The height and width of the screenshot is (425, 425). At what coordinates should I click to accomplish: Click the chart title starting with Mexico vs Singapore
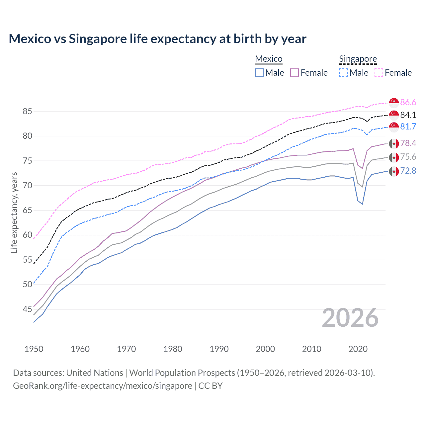157,39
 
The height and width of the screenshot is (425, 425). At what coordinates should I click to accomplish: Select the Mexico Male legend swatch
259,73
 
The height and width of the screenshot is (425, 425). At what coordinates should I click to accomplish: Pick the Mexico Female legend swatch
295,73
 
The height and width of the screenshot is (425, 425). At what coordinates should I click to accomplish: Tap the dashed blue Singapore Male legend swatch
343,73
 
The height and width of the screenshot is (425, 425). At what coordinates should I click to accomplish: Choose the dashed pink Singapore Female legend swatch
379,73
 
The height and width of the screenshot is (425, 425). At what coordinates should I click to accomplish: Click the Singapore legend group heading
358,59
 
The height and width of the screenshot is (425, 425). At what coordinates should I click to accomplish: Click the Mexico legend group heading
269,59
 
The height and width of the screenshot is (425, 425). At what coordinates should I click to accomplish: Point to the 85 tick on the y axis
27,111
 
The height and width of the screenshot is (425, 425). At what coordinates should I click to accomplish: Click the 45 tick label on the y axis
27,309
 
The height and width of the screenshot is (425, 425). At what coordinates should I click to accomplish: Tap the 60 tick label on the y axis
27,235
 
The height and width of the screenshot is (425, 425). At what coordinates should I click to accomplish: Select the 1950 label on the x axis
34,349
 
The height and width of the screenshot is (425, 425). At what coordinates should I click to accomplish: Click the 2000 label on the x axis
265,349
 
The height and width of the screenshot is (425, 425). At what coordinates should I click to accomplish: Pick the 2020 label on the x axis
358,349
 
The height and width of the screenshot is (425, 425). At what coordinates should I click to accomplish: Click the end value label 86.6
408,102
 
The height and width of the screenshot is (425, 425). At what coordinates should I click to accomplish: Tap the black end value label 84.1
408,115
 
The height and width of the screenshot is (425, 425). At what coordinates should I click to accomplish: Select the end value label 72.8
408,171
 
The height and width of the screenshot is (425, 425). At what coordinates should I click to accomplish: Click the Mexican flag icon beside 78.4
394,143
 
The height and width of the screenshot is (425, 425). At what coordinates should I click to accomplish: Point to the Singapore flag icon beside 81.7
394,127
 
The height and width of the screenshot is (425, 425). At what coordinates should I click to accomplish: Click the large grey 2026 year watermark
350,318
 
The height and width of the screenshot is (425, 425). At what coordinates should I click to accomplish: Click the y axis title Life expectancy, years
14,212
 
